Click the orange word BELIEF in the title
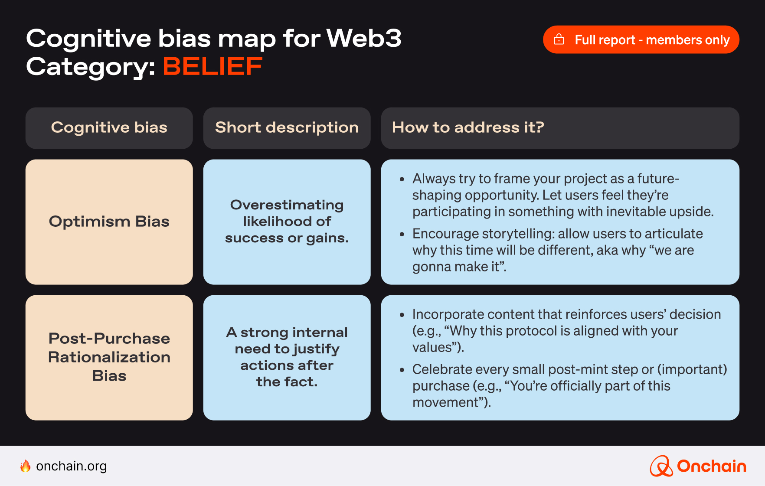coord(212,67)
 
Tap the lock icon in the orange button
coord(559,39)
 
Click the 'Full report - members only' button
coord(641,39)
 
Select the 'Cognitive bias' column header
coord(109,128)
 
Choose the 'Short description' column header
coord(287,128)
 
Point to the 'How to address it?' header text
coord(467,127)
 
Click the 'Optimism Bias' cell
coord(109,222)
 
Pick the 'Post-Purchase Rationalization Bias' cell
coord(109,357)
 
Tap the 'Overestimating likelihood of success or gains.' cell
coord(287,222)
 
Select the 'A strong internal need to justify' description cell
coord(287,357)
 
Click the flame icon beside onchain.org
coord(26,466)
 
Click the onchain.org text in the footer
coord(72,466)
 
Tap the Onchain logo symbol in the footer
coord(661,466)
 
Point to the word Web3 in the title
coord(364,39)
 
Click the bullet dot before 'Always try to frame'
coord(402,179)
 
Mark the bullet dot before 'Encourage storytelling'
coord(402,234)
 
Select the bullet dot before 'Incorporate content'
coord(402,315)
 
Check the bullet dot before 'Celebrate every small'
coord(402,370)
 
